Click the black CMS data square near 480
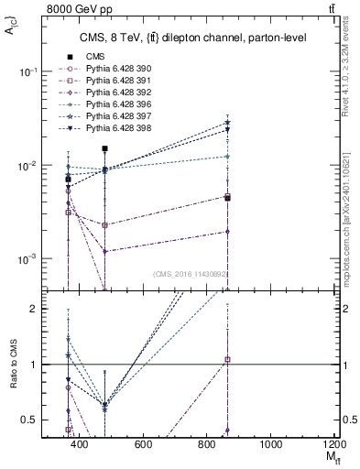[105, 148]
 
